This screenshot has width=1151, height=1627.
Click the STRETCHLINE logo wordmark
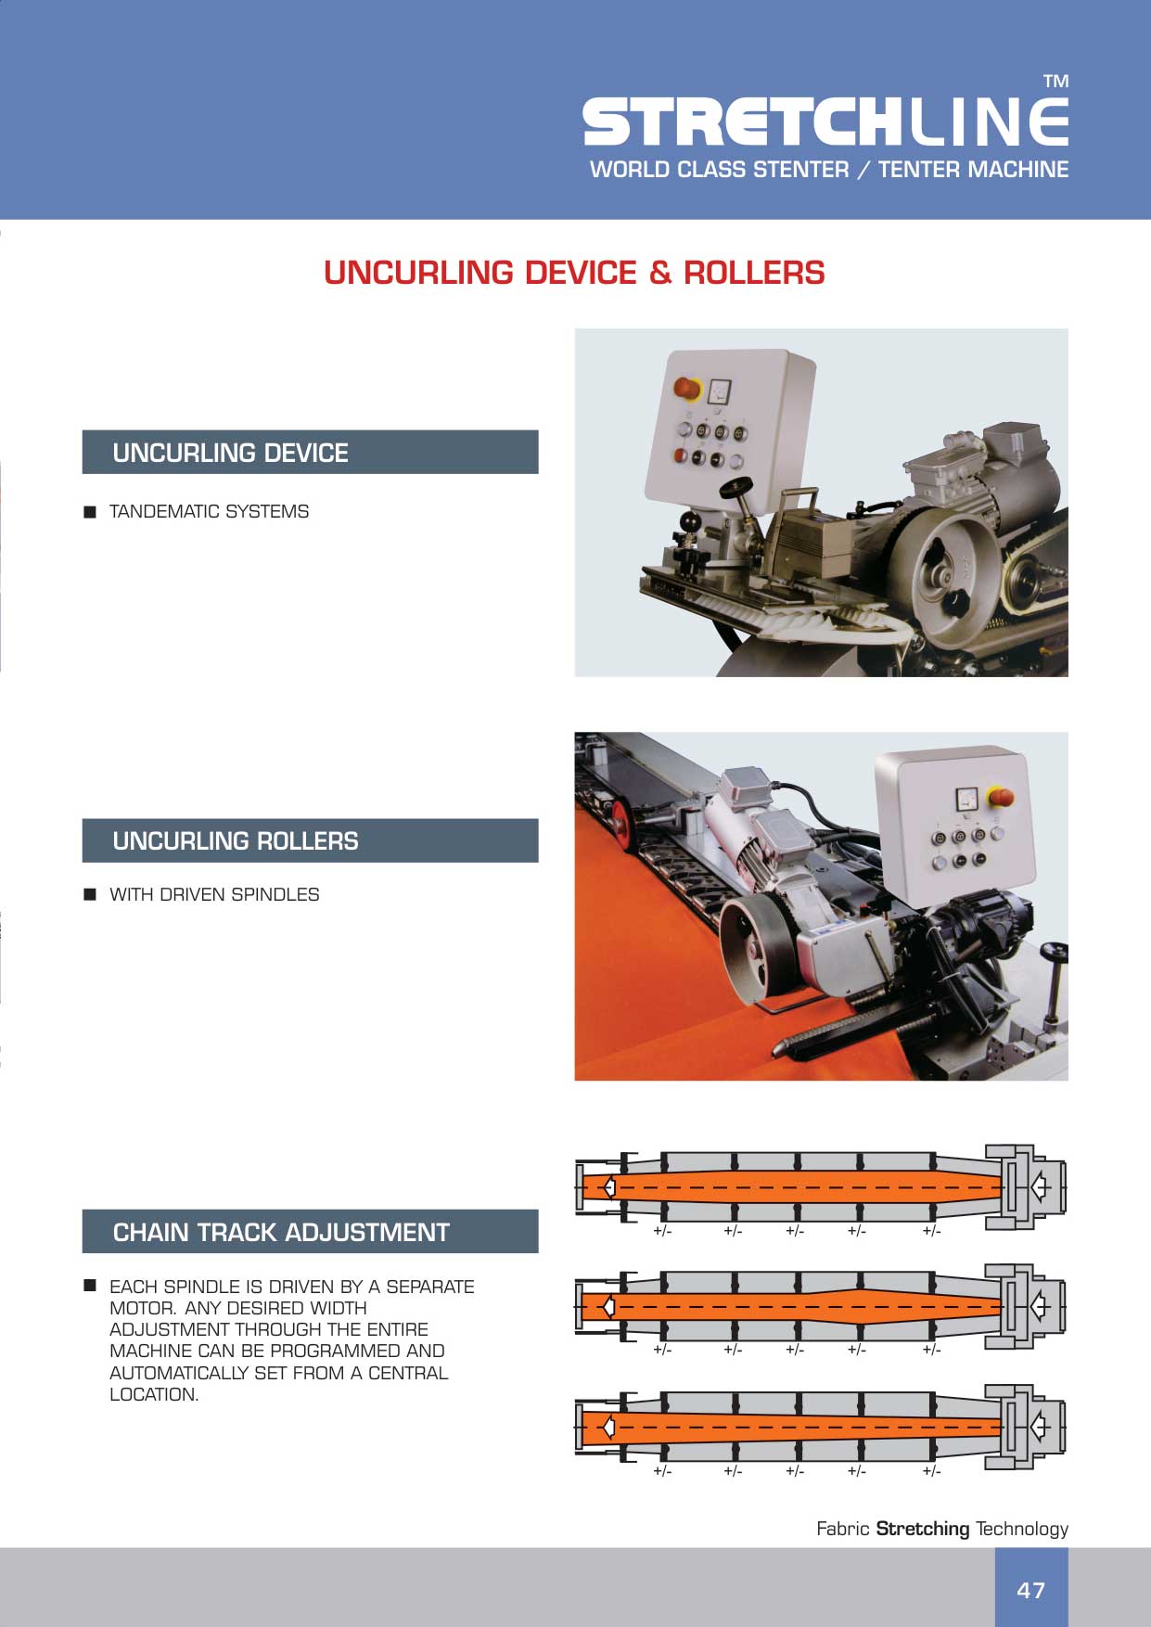825,122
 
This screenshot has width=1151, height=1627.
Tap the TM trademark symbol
1055,82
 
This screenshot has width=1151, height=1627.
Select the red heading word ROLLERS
754,273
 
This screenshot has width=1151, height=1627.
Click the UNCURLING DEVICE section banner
310,452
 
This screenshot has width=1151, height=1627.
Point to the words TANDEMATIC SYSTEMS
210,511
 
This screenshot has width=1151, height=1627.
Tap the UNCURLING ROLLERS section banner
310,840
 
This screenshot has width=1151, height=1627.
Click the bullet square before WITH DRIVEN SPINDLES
90,894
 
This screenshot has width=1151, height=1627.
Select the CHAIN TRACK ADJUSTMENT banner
310,1231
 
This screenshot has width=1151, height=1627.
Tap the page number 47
1031,1590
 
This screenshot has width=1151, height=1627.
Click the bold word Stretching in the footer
923,1529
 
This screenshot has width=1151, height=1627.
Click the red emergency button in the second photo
1002,796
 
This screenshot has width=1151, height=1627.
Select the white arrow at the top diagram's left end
608,1186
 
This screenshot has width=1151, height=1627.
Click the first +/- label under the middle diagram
662,1350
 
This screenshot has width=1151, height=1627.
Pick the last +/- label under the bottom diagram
931,1470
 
